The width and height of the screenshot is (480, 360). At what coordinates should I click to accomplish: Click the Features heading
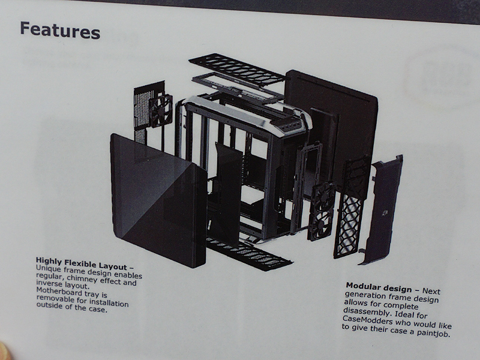point(60,30)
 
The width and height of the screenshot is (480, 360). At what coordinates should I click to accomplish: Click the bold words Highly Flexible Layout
point(81,263)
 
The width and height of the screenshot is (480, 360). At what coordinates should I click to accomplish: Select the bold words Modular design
point(379,287)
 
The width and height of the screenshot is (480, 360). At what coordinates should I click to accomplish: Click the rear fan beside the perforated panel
point(160,111)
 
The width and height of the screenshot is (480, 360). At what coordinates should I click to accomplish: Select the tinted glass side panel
point(158,200)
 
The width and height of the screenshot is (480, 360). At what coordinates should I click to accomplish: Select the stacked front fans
point(322,211)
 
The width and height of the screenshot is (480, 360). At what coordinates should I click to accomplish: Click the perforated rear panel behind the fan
point(144,112)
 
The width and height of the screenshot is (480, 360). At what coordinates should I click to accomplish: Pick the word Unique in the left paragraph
point(49,268)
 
